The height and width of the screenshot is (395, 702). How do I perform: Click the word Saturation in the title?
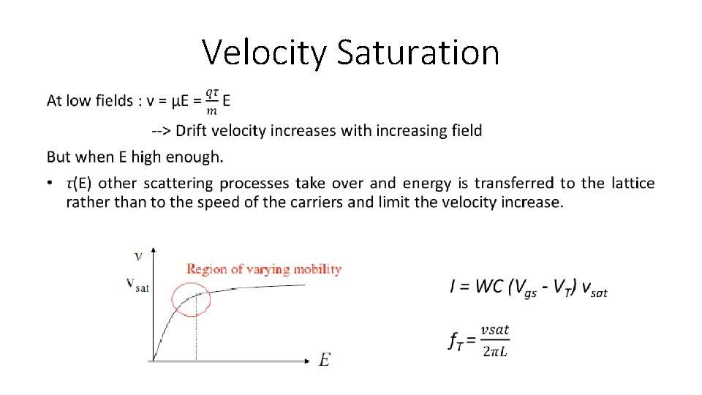click(418, 53)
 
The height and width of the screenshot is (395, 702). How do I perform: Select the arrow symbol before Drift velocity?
click(162, 131)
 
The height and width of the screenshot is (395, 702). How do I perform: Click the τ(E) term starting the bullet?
click(80, 183)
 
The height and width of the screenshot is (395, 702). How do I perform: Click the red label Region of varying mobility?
click(264, 269)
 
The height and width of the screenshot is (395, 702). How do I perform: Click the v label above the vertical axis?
click(138, 256)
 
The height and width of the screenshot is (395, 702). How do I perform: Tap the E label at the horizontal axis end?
click(325, 360)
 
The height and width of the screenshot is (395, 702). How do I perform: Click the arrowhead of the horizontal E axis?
click(307, 361)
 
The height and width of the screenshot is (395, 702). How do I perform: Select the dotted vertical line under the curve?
click(196, 329)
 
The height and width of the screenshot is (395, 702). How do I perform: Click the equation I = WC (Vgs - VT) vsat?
click(528, 287)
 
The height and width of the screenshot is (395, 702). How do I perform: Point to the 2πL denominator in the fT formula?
click(496, 351)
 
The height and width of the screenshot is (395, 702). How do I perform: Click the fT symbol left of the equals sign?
click(456, 341)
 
